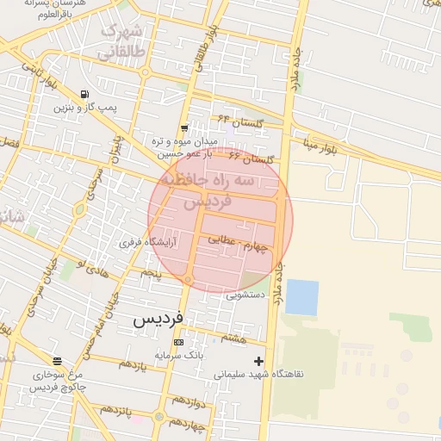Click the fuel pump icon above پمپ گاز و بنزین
click(84, 95)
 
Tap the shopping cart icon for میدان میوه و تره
click(184, 128)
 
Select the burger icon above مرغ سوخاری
click(57, 361)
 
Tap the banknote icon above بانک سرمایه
click(178, 342)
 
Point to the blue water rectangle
click(301, 297)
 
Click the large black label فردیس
click(158, 319)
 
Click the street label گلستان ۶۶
click(258, 159)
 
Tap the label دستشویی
click(245, 295)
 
